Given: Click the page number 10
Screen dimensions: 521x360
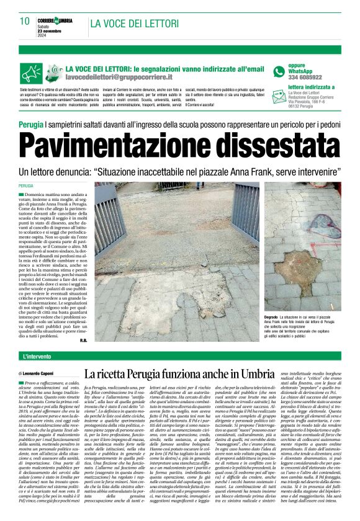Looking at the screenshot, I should click(24, 21).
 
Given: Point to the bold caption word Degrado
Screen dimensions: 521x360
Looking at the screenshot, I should click(274, 318).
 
